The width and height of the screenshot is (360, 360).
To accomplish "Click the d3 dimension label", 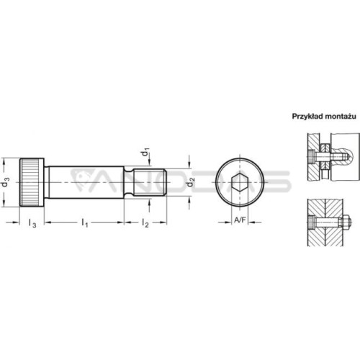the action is [5, 182].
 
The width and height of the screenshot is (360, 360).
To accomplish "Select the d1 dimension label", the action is [145, 152].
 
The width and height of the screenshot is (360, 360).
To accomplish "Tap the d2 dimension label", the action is [191, 182].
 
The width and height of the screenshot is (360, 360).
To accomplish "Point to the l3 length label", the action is [32, 223].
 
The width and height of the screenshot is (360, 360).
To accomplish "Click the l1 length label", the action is [85, 222].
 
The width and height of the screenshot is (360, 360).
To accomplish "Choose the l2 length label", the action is [145, 222].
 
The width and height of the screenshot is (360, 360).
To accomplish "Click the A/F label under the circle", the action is [240, 220].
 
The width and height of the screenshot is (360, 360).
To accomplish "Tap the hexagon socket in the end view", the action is [240, 182].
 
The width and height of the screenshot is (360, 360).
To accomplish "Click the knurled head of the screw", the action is [32, 182].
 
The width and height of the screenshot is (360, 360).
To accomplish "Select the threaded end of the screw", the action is [150, 182].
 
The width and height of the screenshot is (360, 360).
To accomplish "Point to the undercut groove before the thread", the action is [129, 182].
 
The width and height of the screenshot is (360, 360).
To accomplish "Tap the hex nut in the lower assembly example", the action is [345, 222].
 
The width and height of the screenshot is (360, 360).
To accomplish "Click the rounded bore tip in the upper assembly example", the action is [348, 157].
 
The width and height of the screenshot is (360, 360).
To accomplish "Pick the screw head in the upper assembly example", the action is [311, 157].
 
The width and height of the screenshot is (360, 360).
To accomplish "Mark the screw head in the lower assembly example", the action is [311, 222].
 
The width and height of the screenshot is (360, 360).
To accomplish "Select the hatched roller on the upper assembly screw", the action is [325, 156].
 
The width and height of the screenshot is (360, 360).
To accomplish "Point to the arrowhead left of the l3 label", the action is [15, 222].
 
